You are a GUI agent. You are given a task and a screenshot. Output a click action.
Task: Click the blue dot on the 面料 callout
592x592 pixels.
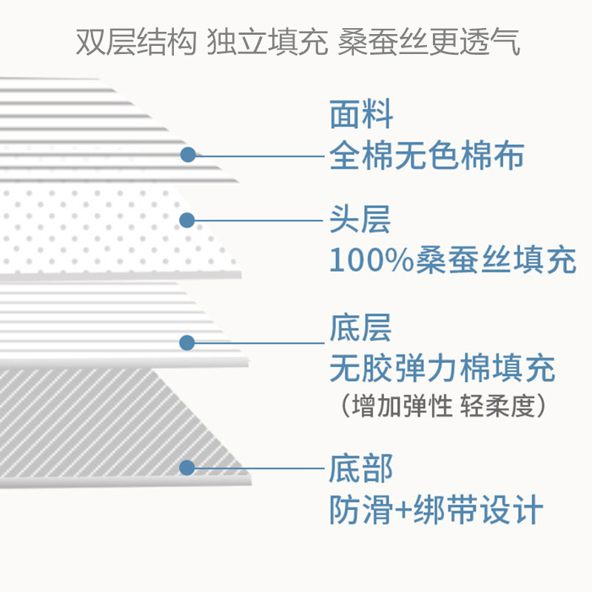pyautogui.click(x=188, y=155)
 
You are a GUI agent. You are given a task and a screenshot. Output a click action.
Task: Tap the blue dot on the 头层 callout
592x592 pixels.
pyautogui.click(x=187, y=220)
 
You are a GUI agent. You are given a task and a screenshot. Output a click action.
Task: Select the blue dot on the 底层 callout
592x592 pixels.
pyautogui.click(x=187, y=343)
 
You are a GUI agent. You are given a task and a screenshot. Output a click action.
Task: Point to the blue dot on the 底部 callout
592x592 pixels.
pyautogui.click(x=187, y=468)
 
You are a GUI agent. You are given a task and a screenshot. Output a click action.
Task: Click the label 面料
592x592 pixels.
pyautogui.click(x=360, y=117)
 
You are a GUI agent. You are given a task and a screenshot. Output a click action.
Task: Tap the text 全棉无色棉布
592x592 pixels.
pyautogui.click(x=426, y=156)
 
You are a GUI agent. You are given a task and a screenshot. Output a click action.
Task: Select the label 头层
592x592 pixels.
pyautogui.click(x=360, y=220)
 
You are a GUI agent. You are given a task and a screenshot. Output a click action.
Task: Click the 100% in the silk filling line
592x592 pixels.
pyautogui.click(x=361, y=260)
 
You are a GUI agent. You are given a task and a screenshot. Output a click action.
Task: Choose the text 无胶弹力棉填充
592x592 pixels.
pyautogui.click(x=442, y=369)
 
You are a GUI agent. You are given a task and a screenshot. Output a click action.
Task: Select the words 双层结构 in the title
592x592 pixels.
pyautogui.click(x=136, y=42)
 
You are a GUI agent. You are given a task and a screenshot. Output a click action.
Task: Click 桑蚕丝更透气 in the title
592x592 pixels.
pyautogui.click(x=428, y=42)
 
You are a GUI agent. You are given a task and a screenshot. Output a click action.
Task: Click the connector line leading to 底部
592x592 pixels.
pyautogui.click(x=259, y=468)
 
